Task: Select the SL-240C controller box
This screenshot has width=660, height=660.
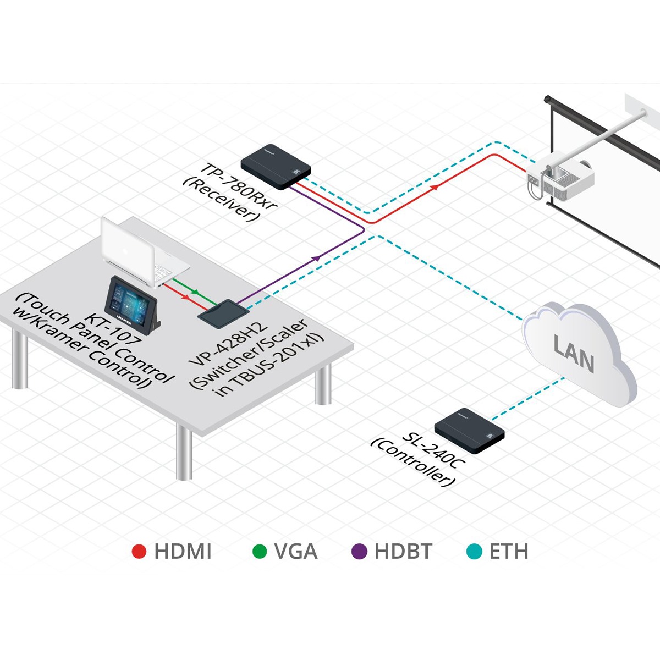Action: tap(469, 430)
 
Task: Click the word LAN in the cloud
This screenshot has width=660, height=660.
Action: tap(574, 355)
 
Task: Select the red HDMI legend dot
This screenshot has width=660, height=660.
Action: tap(140, 552)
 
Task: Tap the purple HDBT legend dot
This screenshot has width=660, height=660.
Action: tap(359, 552)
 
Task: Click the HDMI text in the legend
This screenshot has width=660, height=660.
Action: tap(183, 552)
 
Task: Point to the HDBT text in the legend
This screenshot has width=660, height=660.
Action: tap(403, 552)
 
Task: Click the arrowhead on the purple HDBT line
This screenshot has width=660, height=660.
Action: tap(316, 257)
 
